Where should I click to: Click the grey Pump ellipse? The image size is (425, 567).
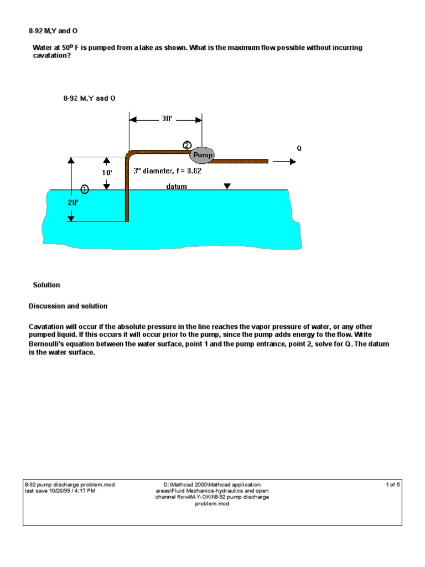[x=202, y=156]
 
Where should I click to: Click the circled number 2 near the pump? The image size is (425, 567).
[x=187, y=145]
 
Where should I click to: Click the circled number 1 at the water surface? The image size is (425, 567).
[x=85, y=189]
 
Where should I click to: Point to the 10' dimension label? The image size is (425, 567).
[x=107, y=172]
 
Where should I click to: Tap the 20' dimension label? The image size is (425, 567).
[x=74, y=203]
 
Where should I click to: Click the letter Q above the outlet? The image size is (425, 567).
[x=299, y=148]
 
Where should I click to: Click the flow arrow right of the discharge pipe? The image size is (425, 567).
[x=285, y=162]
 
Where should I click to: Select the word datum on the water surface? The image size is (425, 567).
[x=177, y=187]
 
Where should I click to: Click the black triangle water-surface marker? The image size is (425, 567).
[x=227, y=187]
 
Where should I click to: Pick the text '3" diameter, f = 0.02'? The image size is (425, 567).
[x=168, y=171]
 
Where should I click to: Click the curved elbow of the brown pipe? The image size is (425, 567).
[x=129, y=154]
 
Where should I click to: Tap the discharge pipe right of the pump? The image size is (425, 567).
[x=241, y=161]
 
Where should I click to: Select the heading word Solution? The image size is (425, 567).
[x=46, y=285]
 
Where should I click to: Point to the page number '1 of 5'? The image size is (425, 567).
[x=393, y=485]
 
